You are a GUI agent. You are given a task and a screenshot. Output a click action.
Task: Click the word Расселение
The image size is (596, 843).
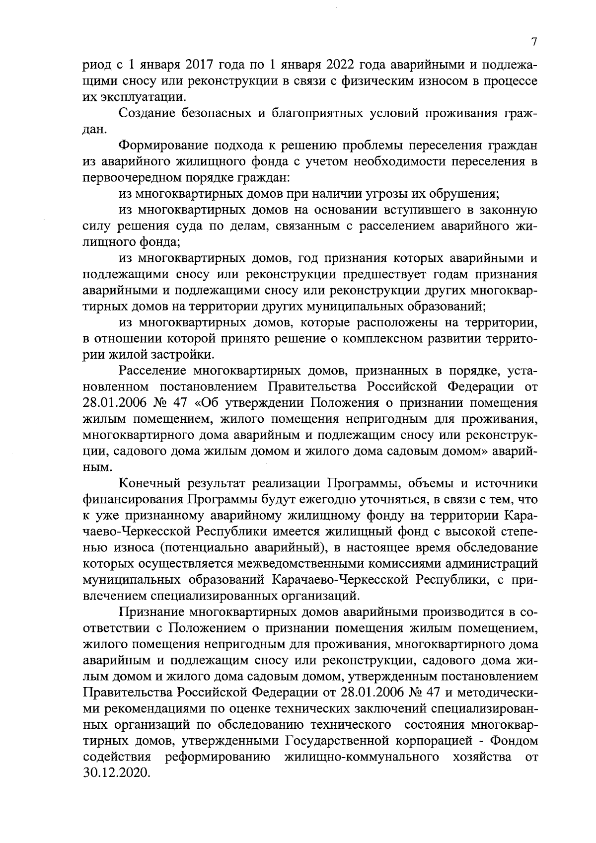point(152,371)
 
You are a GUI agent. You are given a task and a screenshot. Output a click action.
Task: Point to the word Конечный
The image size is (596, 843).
point(149,483)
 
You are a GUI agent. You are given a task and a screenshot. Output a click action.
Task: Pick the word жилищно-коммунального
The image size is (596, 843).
point(362,757)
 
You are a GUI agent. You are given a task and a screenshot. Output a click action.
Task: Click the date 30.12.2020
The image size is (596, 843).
point(116,773)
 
